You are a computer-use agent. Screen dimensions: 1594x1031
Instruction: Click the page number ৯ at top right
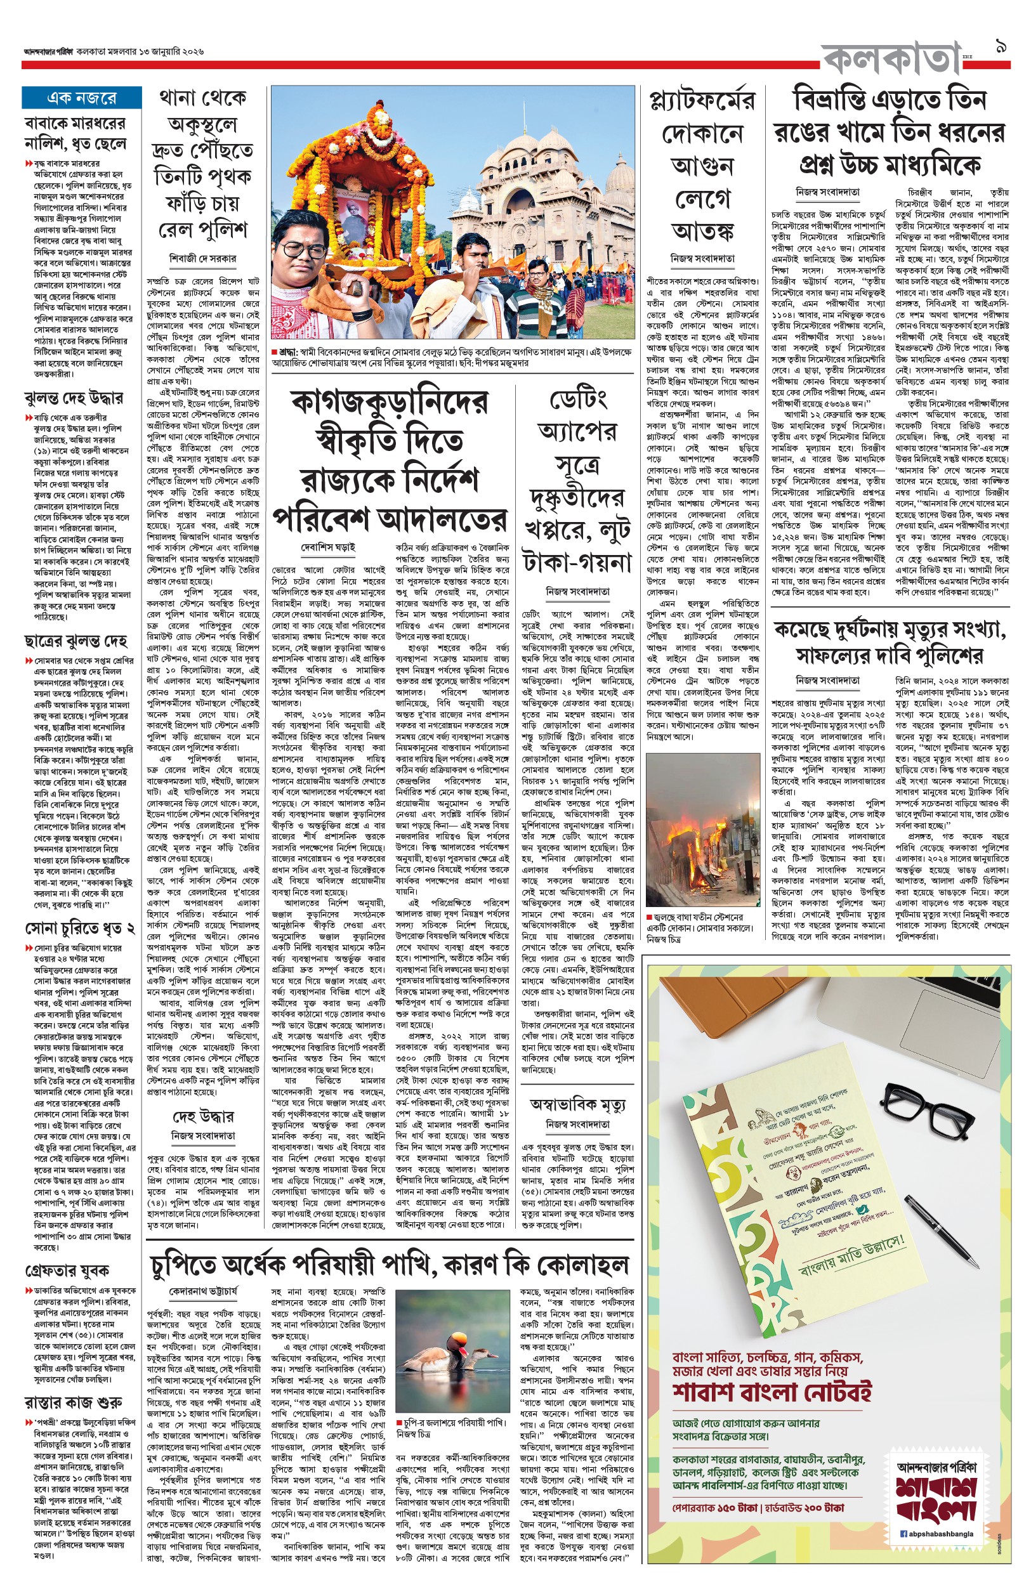(x=1001, y=48)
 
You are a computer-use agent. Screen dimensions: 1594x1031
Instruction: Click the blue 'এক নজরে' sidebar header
(x=81, y=98)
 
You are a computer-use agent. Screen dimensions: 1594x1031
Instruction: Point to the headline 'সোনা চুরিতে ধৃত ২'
(x=80, y=928)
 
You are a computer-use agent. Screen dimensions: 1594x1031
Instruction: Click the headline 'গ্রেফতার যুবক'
(x=67, y=1270)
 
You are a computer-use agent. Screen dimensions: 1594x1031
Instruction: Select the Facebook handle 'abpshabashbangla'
(x=941, y=1533)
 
